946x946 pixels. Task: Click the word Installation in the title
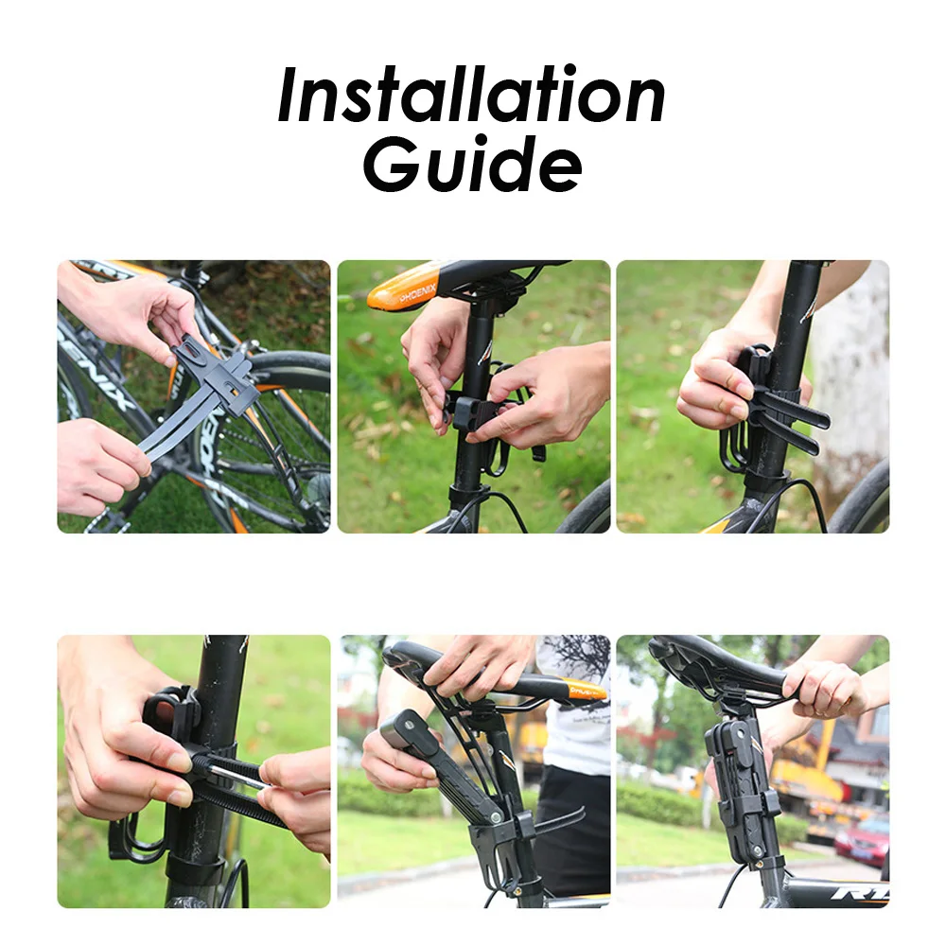[x=471, y=96]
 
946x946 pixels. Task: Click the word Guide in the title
[x=472, y=163]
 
